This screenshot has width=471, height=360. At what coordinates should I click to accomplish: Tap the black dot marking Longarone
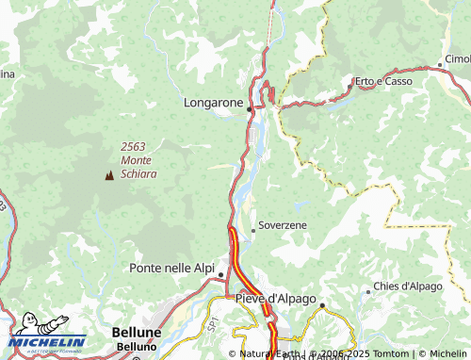(249, 109)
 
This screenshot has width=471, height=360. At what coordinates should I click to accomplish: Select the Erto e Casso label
(382, 81)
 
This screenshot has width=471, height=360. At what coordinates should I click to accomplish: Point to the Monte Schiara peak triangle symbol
(109, 174)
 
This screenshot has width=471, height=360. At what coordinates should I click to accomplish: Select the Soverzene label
(283, 226)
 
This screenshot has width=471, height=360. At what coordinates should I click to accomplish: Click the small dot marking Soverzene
(252, 230)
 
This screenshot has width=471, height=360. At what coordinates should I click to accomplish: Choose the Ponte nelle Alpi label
(171, 268)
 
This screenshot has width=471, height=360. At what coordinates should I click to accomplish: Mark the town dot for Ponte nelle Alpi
(221, 275)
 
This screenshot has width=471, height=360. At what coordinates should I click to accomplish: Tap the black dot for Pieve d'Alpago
(321, 305)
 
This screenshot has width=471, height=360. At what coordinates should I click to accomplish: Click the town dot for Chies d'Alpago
(368, 291)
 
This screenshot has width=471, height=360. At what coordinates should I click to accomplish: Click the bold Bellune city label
(136, 333)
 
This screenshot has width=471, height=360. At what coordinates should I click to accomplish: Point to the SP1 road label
(213, 321)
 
